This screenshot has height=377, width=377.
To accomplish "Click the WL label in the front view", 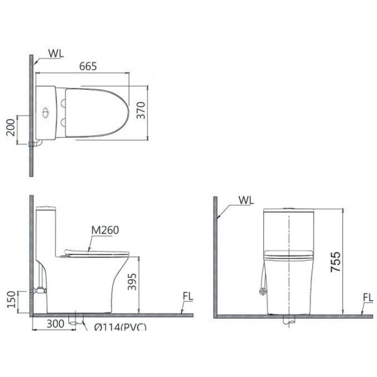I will [246, 201].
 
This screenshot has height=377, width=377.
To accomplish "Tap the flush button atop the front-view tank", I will [288, 207].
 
